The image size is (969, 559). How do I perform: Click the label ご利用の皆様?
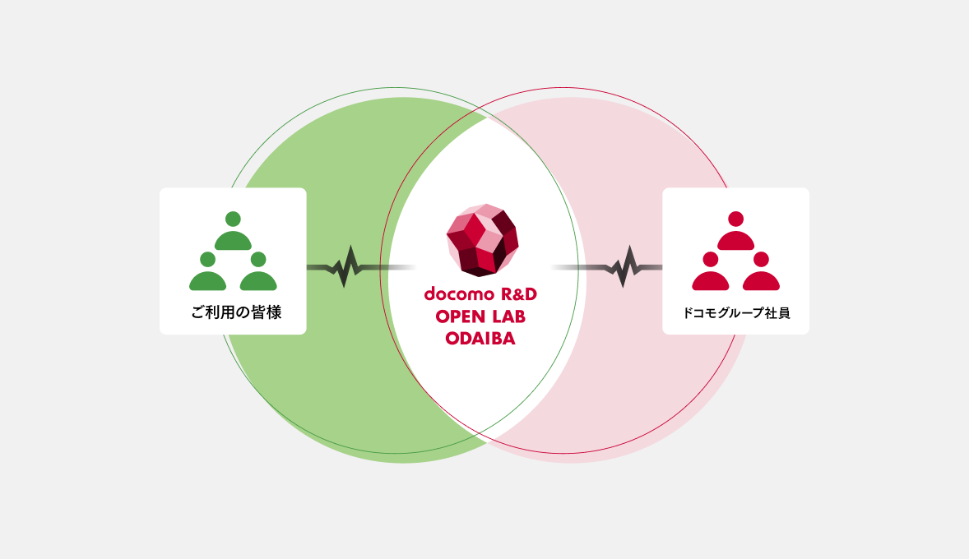(236, 313)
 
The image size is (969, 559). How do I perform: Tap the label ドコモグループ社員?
(736, 313)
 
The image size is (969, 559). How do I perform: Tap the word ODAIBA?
(480, 338)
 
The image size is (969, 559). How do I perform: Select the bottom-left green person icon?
(207, 274)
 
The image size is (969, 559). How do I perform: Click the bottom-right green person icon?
(258, 274)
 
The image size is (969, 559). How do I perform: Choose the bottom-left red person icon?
(711, 274)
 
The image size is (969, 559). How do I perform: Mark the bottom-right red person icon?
(761, 274)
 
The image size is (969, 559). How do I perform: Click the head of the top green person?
(233, 219)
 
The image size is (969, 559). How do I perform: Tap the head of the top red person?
(735, 219)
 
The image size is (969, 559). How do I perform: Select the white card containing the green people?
(233, 261)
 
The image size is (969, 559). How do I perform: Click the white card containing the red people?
(735, 261)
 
